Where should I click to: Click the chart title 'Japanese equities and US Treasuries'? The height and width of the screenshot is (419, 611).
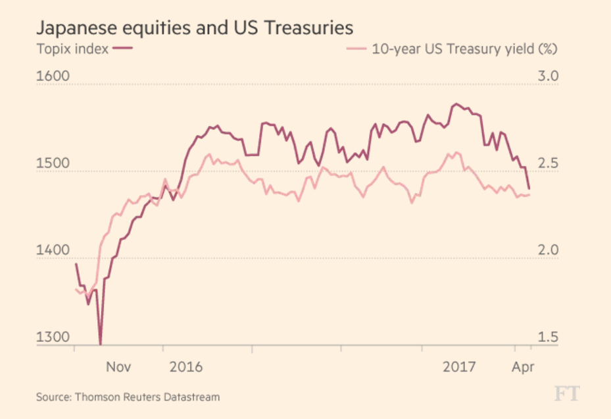pyautogui.click(x=194, y=28)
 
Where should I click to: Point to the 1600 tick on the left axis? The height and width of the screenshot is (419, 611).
pyautogui.click(x=53, y=76)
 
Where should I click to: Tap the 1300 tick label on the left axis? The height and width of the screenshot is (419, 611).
pyautogui.click(x=53, y=337)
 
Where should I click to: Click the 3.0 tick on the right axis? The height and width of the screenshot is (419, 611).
pyautogui.click(x=547, y=76)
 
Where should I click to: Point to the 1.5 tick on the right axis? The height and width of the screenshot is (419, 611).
pyautogui.click(x=547, y=337)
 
